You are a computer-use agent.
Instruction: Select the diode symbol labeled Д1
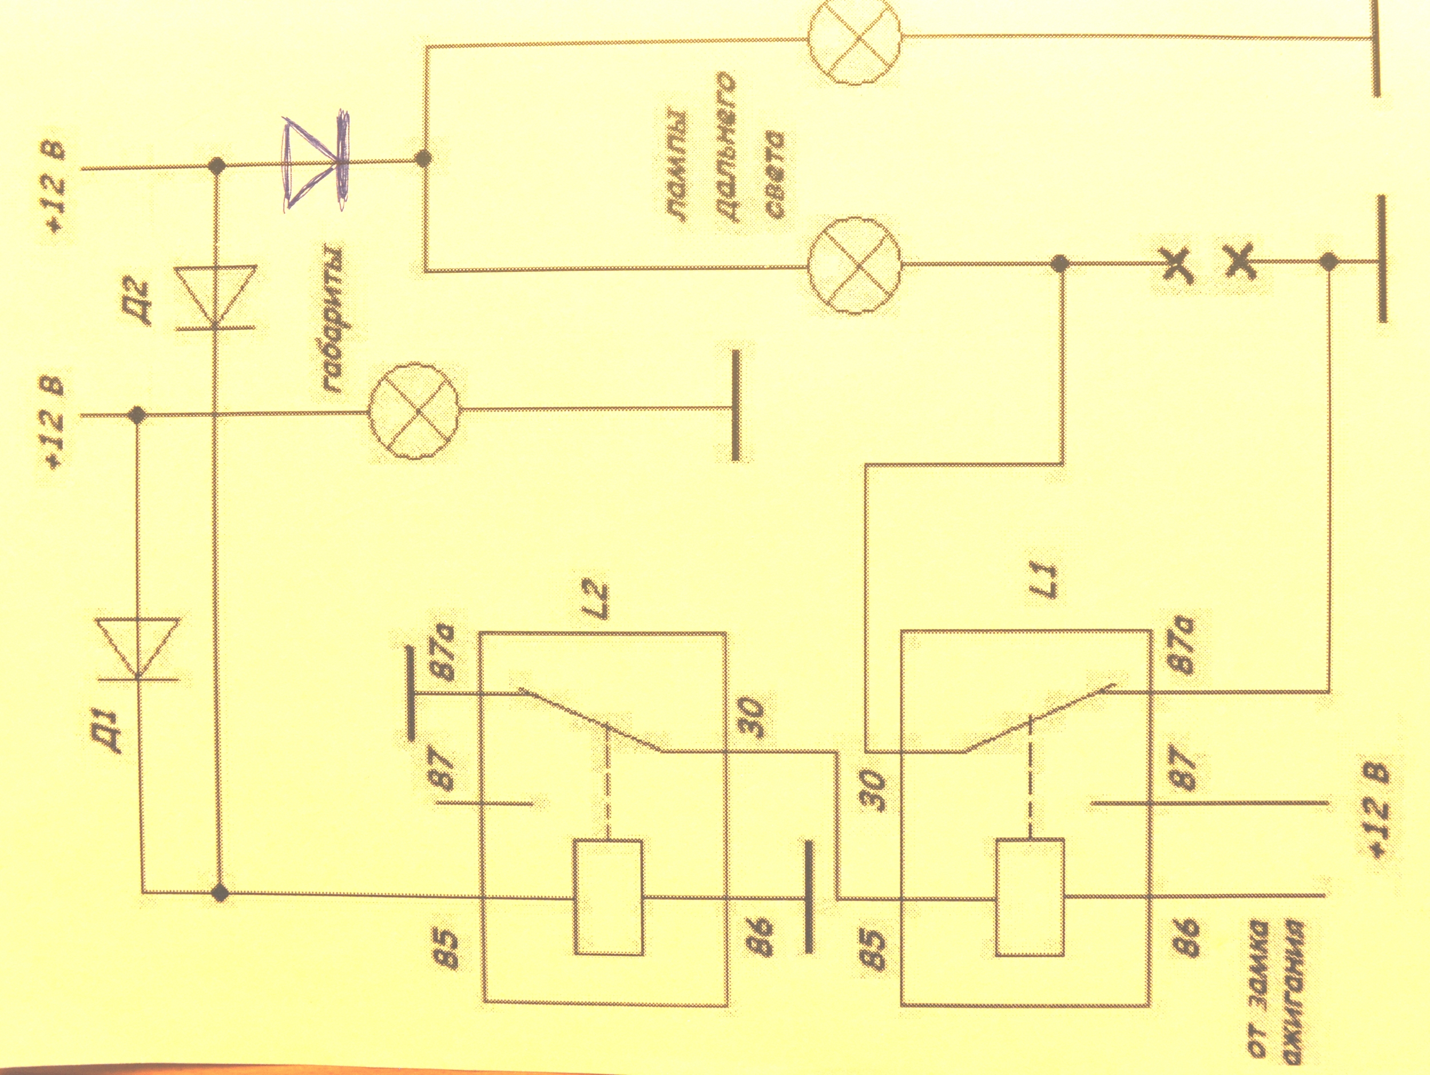(x=138, y=650)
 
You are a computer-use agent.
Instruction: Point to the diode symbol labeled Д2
(x=217, y=297)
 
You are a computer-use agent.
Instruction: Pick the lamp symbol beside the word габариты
(x=414, y=411)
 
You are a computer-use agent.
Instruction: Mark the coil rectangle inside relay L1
(x=1029, y=897)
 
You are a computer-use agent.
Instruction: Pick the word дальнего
(x=722, y=154)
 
